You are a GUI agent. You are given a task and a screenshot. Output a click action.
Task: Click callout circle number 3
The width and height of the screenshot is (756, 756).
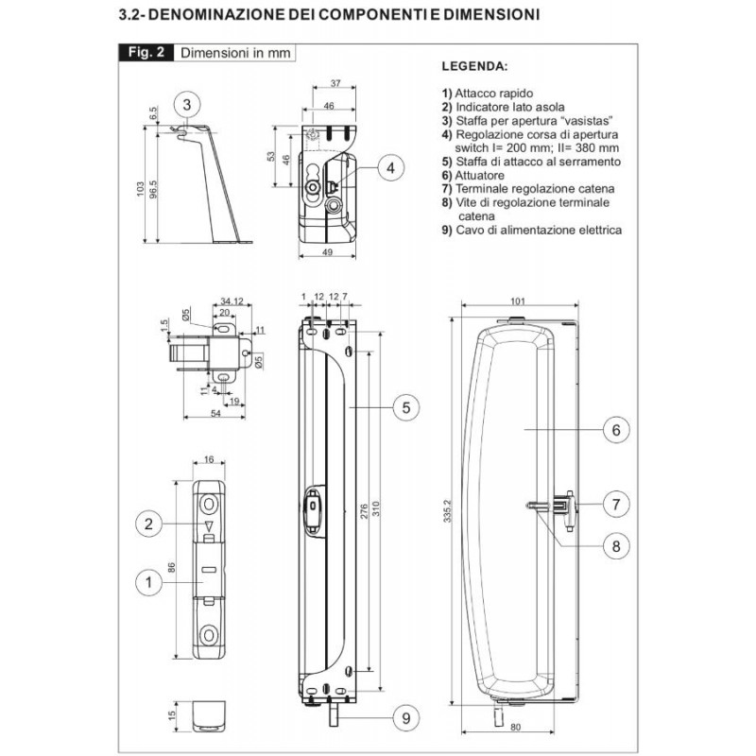(x=187, y=104)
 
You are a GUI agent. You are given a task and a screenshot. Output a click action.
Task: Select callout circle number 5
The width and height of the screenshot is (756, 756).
(x=405, y=407)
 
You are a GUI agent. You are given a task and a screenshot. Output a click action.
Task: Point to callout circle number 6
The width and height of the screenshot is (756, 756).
(x=615, y=430)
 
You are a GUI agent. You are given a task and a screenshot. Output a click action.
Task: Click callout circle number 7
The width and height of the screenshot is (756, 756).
(x=615, y=504)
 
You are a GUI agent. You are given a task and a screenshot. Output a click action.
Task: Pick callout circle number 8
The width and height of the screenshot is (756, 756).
(x=615, y=545)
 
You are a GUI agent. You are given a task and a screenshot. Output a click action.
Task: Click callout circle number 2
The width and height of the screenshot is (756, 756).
(x=148, y=523)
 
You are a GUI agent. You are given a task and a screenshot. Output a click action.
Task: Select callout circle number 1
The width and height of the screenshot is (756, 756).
(x=148, y=583)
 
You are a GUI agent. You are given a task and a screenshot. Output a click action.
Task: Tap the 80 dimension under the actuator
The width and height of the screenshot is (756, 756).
(x=516, y=729)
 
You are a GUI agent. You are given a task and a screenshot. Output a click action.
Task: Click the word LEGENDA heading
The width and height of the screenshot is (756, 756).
(x=474, y=69)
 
